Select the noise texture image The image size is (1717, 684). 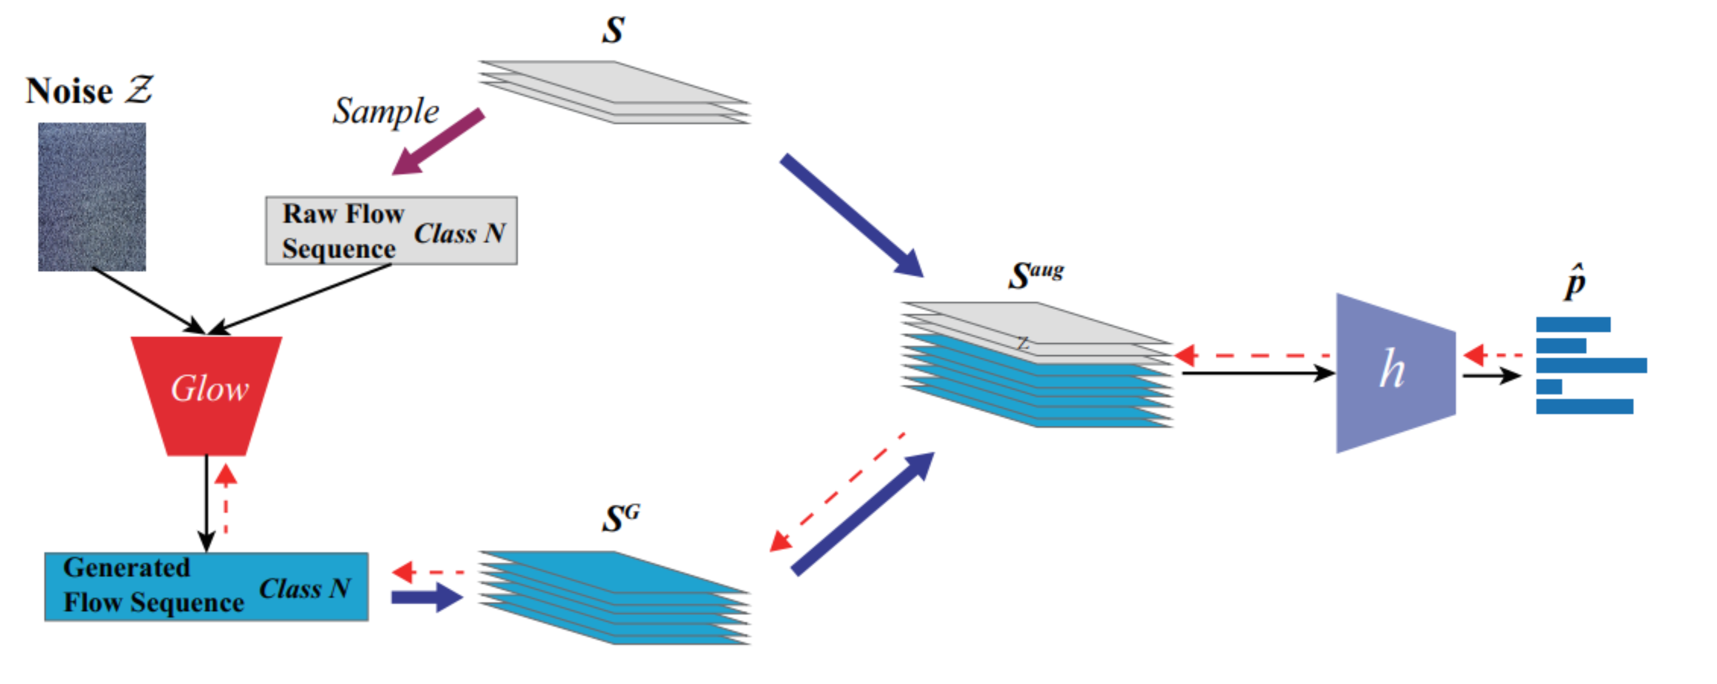pos(92,197)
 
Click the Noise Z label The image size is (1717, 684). pos(89,91)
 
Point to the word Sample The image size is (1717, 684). pos(386,111)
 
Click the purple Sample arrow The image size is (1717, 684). pos(437,142)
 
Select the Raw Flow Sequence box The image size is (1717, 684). pos(391,231)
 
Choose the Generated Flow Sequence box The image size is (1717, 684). pos(206,587)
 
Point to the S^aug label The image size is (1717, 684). pos(1035,273)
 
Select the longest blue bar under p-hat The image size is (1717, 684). pos(1591,365)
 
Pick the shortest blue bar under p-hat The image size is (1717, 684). pos(1548,387)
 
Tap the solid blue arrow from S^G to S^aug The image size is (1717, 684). pos(863,513)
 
